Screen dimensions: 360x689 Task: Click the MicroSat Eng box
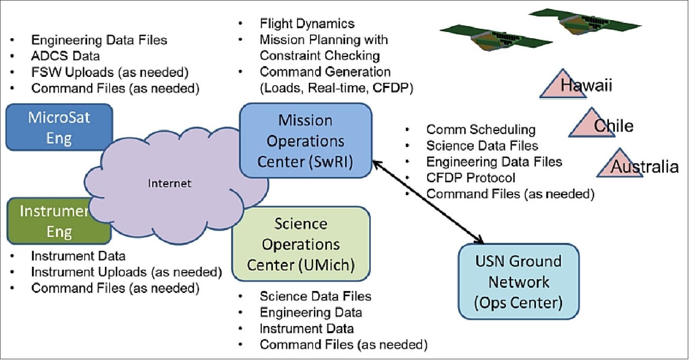59,127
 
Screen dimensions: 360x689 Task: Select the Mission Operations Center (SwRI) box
306,141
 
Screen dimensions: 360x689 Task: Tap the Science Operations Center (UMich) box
301,244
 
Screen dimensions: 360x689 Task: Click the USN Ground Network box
518,282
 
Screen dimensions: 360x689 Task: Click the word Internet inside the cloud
170,183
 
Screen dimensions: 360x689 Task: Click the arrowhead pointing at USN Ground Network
480,240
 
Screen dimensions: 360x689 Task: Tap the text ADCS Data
65,56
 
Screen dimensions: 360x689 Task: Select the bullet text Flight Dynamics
307,24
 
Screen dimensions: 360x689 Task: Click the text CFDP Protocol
471,178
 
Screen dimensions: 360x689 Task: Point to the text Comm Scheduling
481,130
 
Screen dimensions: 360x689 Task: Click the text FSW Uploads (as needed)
110,72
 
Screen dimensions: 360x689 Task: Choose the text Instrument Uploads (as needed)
126,272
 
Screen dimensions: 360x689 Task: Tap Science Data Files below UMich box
315,297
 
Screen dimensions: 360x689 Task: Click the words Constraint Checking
319,56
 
